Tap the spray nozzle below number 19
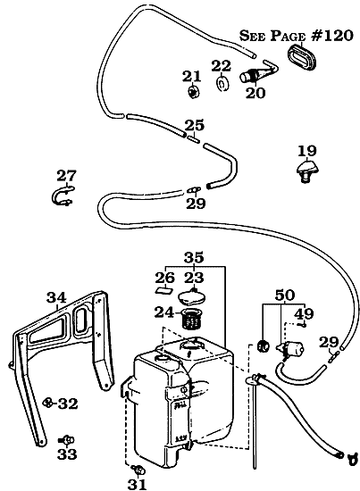coord(307,171)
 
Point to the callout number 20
coord(255,92)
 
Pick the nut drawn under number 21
coord(192,91)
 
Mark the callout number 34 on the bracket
coord(56,297)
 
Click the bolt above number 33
coord(64,438)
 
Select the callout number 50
coord(285,294)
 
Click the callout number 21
coord(192,75)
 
